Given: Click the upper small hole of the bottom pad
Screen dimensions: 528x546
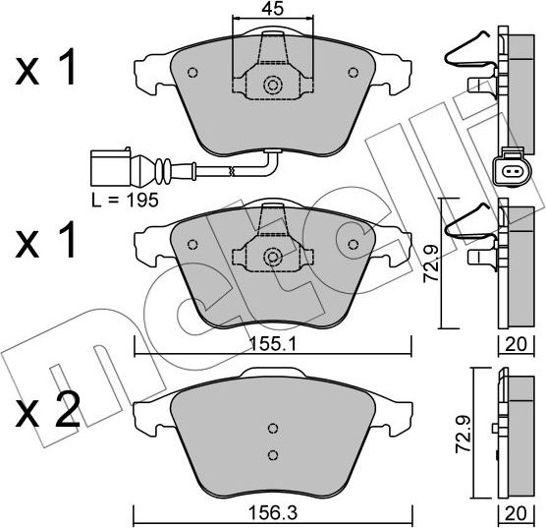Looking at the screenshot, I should coord(273,429).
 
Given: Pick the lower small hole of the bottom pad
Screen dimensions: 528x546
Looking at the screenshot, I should coord(273,454).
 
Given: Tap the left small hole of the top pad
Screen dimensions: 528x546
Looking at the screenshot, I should coord(192,72).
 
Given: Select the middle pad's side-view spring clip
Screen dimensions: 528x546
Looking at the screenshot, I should coord(469,222).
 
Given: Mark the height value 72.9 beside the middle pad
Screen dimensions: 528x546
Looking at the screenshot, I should coord(429,263).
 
